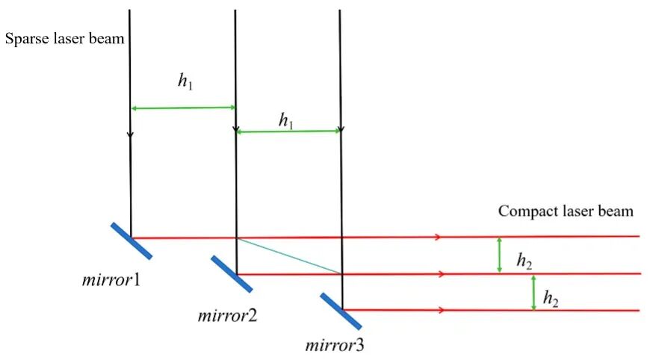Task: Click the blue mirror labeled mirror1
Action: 131,241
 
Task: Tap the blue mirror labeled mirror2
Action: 232,274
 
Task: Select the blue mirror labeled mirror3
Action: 341,311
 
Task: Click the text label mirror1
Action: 111,281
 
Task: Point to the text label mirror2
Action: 227,316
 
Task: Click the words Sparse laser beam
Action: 65,39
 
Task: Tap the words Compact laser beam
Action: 566,211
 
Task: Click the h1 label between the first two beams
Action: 185,81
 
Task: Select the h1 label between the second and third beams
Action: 286,120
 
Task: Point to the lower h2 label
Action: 551,298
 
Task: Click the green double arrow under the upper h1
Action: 183,108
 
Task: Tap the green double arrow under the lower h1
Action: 288,131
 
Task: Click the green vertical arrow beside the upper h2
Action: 499,255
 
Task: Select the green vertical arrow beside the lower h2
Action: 533,293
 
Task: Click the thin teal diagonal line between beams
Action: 289,256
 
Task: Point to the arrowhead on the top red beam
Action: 438,238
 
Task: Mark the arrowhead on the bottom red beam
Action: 441,310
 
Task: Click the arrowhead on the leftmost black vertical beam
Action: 130,134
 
